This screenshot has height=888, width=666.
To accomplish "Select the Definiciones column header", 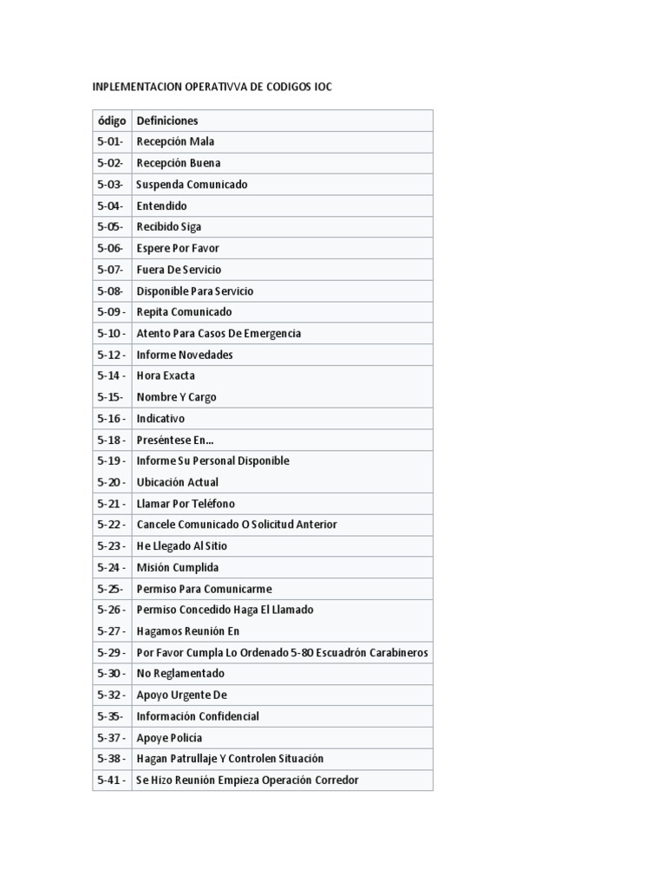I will click(x=167, y=121).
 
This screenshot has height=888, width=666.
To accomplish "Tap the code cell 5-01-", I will click(x=110, y=141).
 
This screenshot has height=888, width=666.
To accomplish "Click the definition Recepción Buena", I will click(x=179, y=163).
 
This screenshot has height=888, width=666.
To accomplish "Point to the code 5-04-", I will click(x=110, y=206).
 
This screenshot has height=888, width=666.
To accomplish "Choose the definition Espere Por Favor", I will click(x=178, y=248).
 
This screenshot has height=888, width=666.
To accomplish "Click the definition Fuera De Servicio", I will click(x=179, y=270).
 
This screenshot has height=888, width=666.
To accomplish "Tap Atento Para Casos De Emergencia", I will click(x=219, y=333).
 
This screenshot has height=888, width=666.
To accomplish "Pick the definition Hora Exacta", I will click(x=166, y=375).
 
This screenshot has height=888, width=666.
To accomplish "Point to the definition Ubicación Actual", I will click(x=178, y=482).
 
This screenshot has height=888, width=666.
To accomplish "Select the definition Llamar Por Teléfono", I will click(x=186, y=504).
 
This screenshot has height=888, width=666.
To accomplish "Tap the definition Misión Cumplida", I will click(x=178, y=567).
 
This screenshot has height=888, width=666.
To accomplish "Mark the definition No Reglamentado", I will click(x=180, y=674).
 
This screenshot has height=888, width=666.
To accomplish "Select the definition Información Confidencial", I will click(x=198, y=716).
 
